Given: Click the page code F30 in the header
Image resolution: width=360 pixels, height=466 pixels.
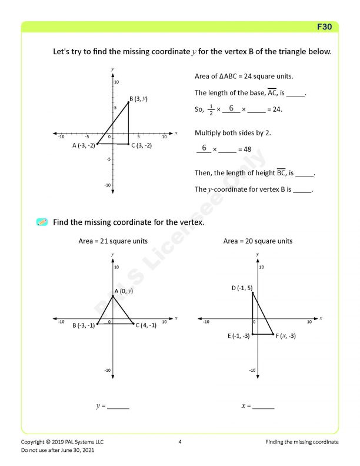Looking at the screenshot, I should click(x=324, y=27).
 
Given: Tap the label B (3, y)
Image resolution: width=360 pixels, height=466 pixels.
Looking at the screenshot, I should click(x=138, y=98).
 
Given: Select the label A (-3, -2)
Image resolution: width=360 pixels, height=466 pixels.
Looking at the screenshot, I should click(x=84, y=145).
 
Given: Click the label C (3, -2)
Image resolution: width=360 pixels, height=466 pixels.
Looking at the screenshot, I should click(x=141, y=145).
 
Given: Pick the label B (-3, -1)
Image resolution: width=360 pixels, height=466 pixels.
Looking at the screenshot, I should click(x=84, y=325).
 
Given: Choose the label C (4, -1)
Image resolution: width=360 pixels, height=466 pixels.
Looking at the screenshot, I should click(x=145, y=325).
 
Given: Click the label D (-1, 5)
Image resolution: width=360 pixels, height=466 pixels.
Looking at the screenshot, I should click(x=242, y=288).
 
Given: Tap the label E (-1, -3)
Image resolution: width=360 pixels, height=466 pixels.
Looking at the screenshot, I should click(x=239, y=335).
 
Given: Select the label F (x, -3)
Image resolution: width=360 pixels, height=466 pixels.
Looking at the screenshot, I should click(x=285, y=335).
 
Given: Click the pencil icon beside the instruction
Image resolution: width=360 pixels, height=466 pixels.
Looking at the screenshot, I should click(x=42, y=222).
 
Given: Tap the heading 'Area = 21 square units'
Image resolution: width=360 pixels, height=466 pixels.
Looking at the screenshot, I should click(x=113, y=241).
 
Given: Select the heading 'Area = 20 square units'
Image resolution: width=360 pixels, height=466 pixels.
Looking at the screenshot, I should click(x=258, y=241).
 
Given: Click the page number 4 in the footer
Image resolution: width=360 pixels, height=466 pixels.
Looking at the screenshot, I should click(x=180, y=441).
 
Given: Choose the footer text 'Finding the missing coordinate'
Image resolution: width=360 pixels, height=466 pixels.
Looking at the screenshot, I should click(x=302, y=441).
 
